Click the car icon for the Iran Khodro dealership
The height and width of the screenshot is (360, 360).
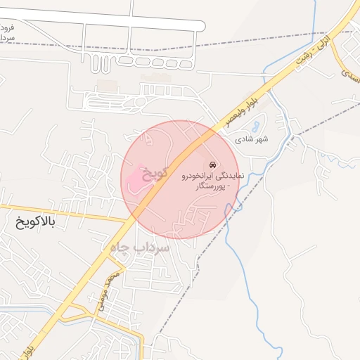point(214,165)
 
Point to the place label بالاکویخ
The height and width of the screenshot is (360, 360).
point(34,223)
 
